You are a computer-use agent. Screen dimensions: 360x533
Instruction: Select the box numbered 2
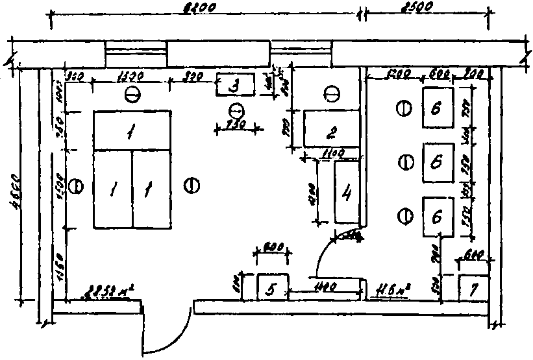(331, 128)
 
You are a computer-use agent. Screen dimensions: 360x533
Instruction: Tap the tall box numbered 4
(347, 192)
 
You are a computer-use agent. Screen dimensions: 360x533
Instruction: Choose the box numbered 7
(473, 287)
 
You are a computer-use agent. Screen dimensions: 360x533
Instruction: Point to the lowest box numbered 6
(439, 216)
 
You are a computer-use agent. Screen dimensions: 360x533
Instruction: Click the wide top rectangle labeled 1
(132, 131)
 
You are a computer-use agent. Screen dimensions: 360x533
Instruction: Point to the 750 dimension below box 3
(238, 125)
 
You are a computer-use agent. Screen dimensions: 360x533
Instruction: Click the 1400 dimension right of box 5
(324, 285)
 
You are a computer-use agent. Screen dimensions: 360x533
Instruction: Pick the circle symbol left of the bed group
(76, 187)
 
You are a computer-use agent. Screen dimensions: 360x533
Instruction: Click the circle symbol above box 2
(331, 95)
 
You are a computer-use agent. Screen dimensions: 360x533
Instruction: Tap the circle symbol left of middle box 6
(405, 161)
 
